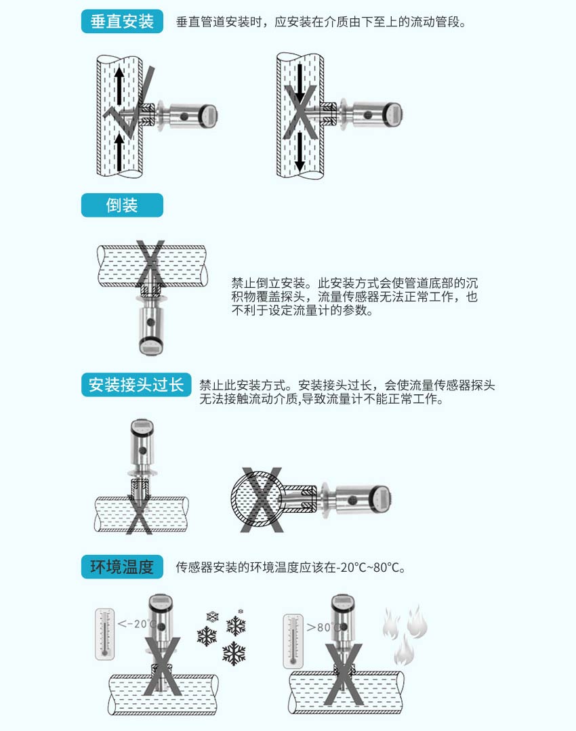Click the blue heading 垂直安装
coord(122,21)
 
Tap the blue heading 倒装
coord(122,205)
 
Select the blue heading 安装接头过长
coord(136,385)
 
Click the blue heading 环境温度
coord(122,566)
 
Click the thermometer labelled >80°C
coord(293,640)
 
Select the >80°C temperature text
coord(323,627)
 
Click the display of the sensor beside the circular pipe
coord(381,499)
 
